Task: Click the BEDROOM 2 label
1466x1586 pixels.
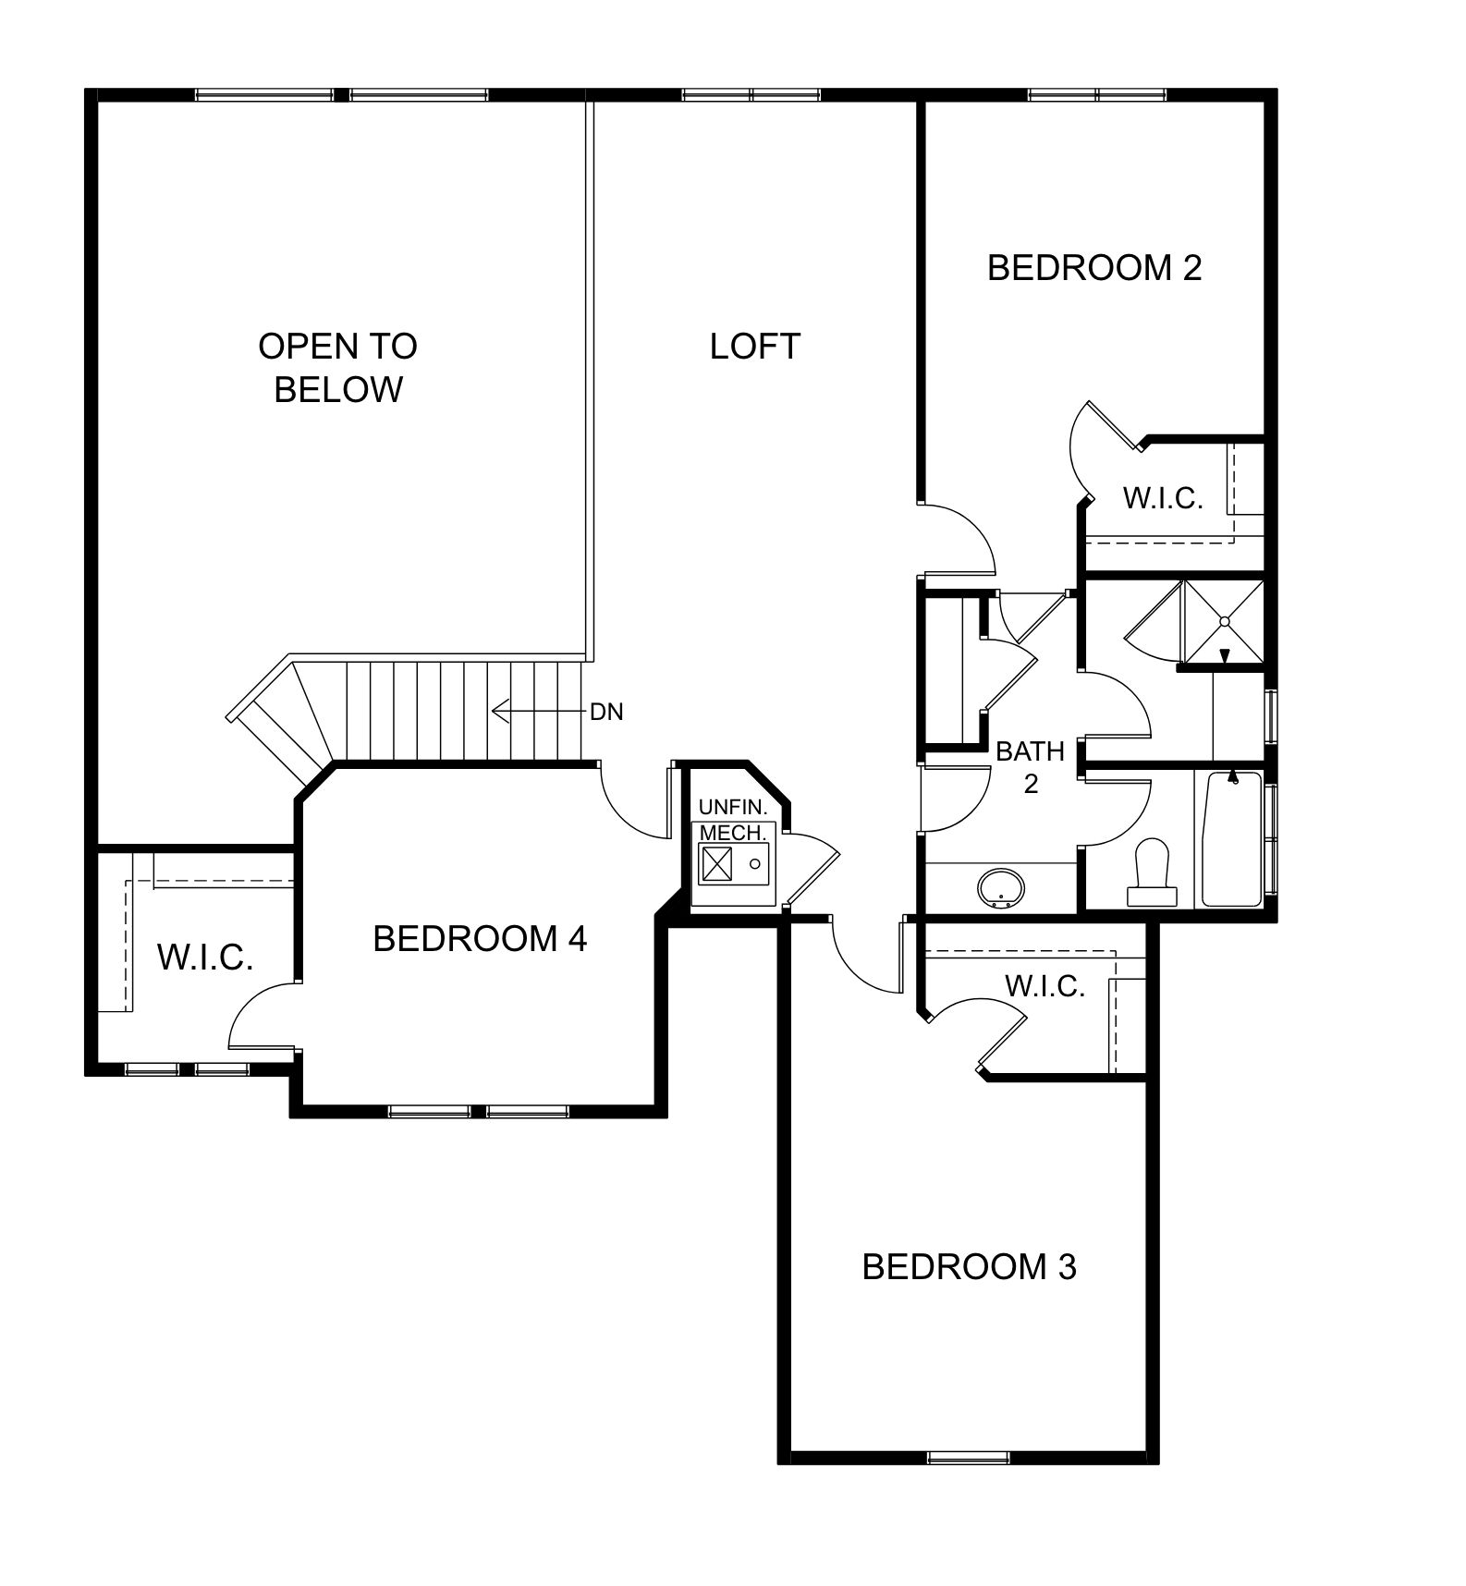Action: pyautogui.click(x=1094, y=268)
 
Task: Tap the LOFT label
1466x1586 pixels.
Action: pyautogui.click(x=754, y=347)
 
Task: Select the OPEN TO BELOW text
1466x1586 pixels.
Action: pyautogui.click(x=338, y=368)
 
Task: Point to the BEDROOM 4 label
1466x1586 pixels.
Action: pyautogui.click(x=480, y=939)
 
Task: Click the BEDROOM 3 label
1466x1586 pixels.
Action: pyautogui.click(x=969, y=1267)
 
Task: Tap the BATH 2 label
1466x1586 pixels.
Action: pyautogui.click(x=1031, y=767)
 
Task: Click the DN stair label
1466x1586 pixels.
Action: pyautogui.click(x=606, y=712)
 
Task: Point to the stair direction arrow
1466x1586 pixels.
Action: pyautogui.click(x=539, y=711)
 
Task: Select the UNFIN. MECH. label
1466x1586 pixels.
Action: pyautogui.click(x=733, y=820)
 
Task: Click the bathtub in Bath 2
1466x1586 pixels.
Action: pyautogui.click(x=1230, y=839)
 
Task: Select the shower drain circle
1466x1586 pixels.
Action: pyautogui.click(x=1225, y=622)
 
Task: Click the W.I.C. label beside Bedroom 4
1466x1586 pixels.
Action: pyautogui.click(x=205, y=958)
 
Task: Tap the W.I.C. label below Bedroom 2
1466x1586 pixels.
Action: pyautogui.click(x=1163, y=499)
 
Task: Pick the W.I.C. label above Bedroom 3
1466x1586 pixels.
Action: pyautogui.click(x=1045, y=987)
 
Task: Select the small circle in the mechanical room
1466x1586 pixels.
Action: pyautogui.click(x=755, y=864)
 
